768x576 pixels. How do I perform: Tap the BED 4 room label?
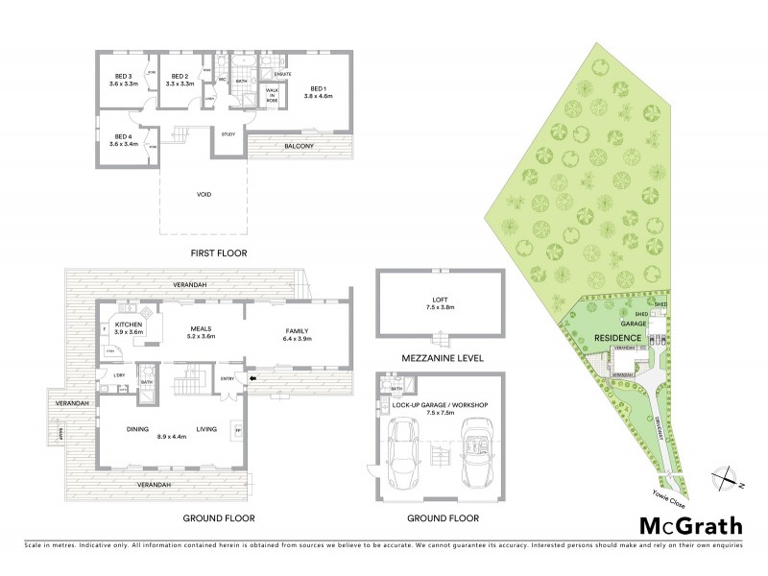coord(125,136)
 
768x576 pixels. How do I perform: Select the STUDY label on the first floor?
coord(228,134)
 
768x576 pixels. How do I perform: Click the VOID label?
coord(203,195)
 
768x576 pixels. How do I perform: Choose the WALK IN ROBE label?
coord(272,95)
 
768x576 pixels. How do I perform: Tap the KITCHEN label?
coord(129,324)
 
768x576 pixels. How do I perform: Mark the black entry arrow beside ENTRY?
coord(252,378)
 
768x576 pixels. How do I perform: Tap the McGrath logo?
coord(689,525)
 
